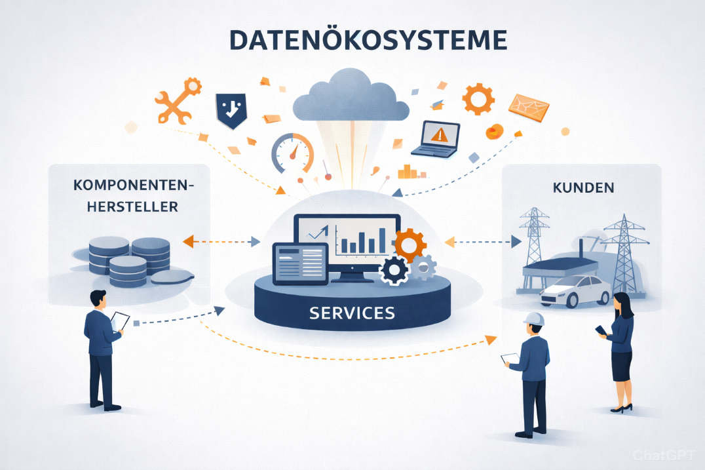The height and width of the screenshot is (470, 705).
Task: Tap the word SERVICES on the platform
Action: pyautogui.click(x=352, y=313)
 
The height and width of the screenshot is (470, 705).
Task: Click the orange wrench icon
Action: pyautogui.click(x=175, y=101)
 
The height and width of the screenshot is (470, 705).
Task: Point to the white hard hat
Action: pyautogui.click(x=535, y=319)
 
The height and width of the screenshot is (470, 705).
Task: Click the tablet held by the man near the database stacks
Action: pyautogui.click(x=120, y=321)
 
